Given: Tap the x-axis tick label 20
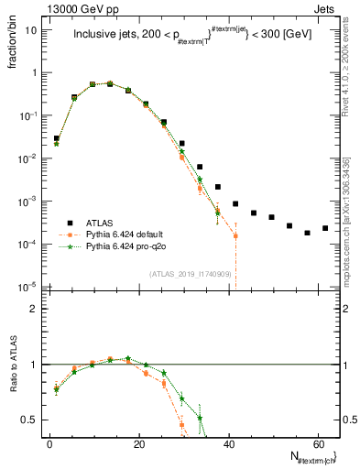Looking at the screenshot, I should (139, 443).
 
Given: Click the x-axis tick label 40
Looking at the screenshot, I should (229, 443).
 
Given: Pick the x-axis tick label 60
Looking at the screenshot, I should (318, 443).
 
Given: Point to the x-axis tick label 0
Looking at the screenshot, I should (50, 443).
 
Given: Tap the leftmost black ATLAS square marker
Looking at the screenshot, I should (57, 138).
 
